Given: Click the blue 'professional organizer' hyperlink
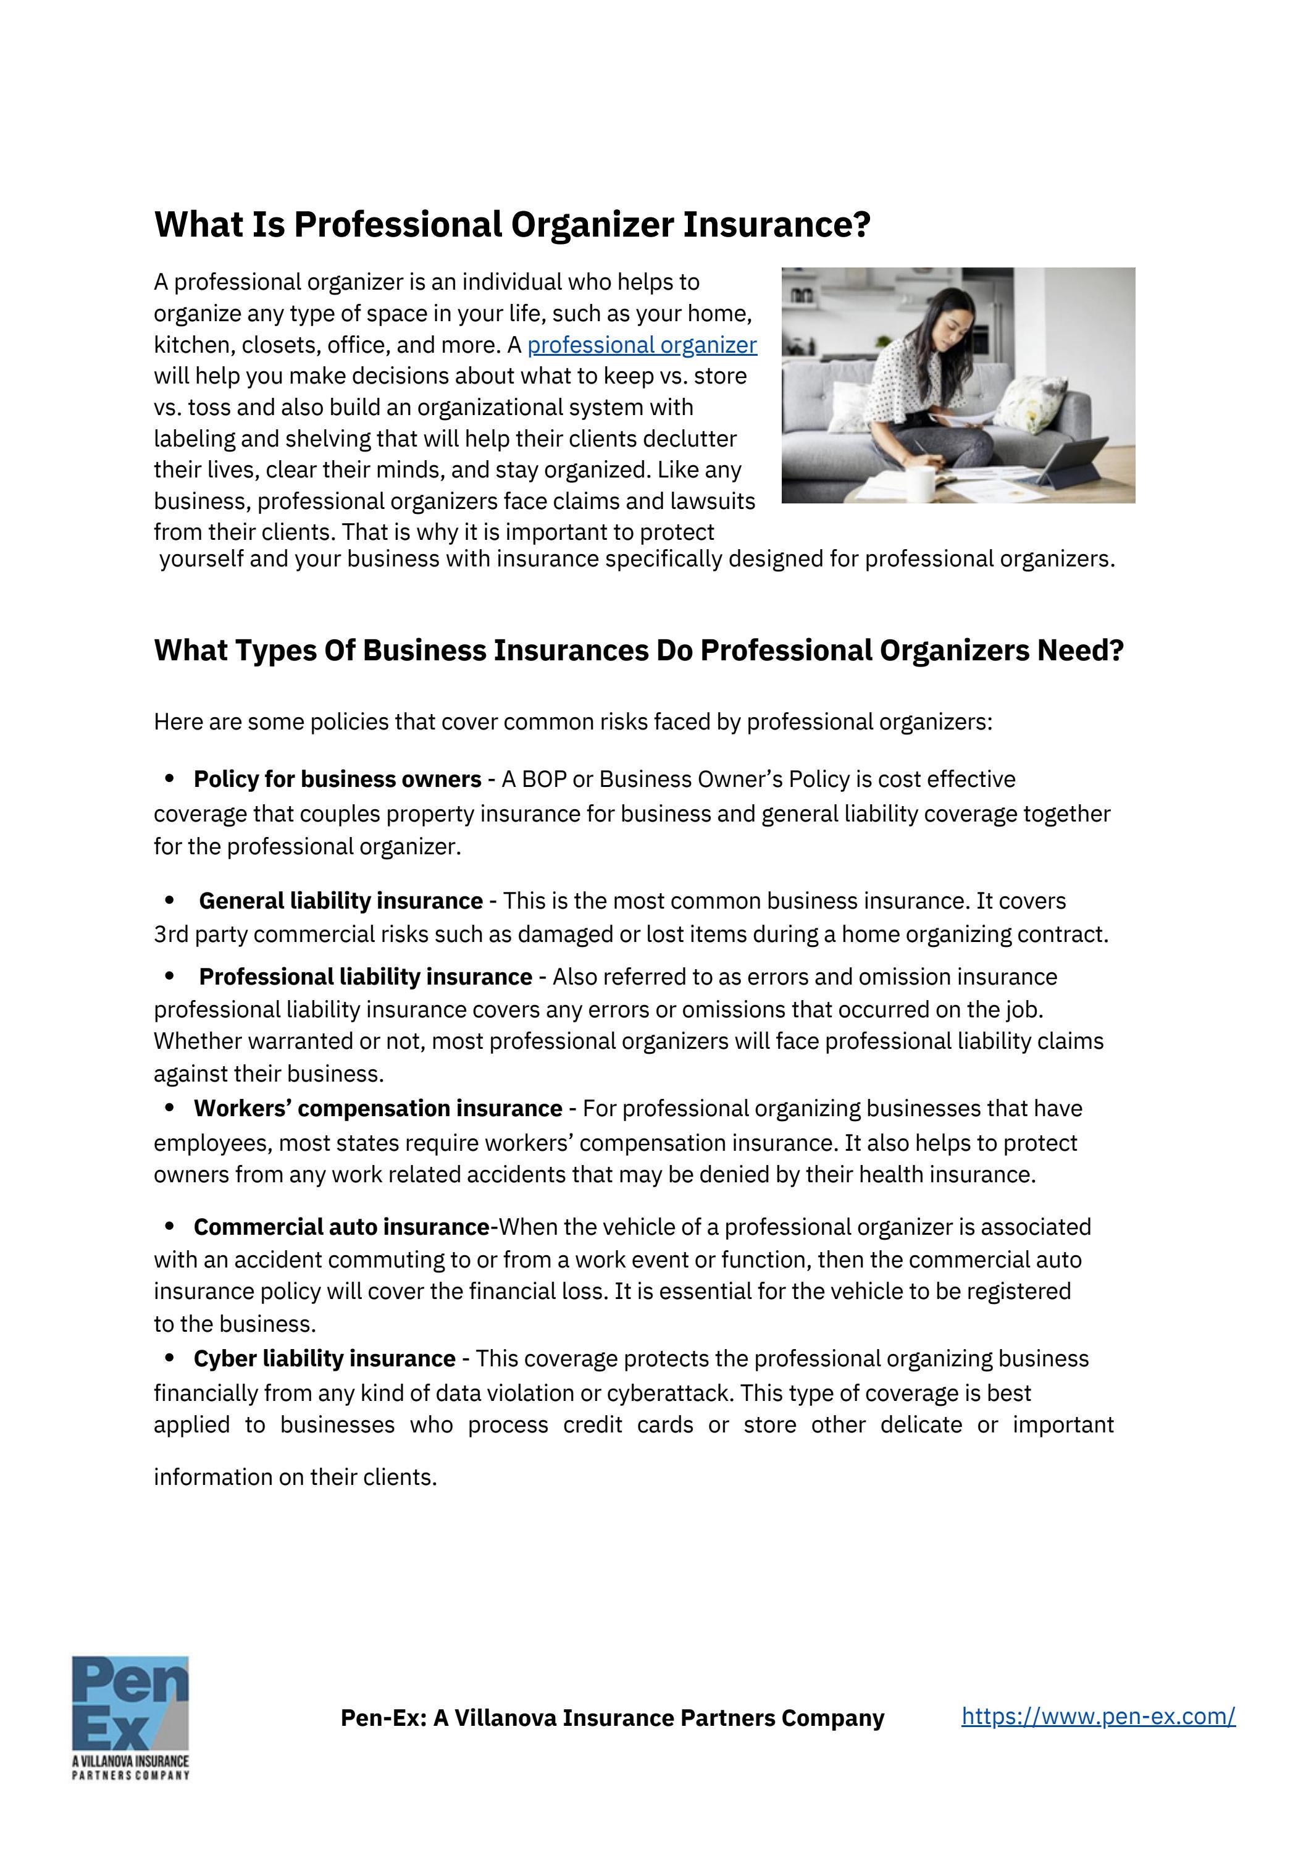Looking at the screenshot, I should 642,345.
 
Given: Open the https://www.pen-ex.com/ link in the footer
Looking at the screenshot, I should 1097,1716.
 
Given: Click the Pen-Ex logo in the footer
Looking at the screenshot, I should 130,1715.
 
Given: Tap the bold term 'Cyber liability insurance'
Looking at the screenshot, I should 324,1358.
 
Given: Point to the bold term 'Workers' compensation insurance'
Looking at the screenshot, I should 377,1109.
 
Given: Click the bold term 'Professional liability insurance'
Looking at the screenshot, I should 365,977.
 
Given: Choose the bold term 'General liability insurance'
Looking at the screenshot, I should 341,901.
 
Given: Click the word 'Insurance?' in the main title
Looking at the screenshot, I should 777,225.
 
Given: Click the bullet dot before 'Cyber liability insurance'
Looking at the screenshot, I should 169,1358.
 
